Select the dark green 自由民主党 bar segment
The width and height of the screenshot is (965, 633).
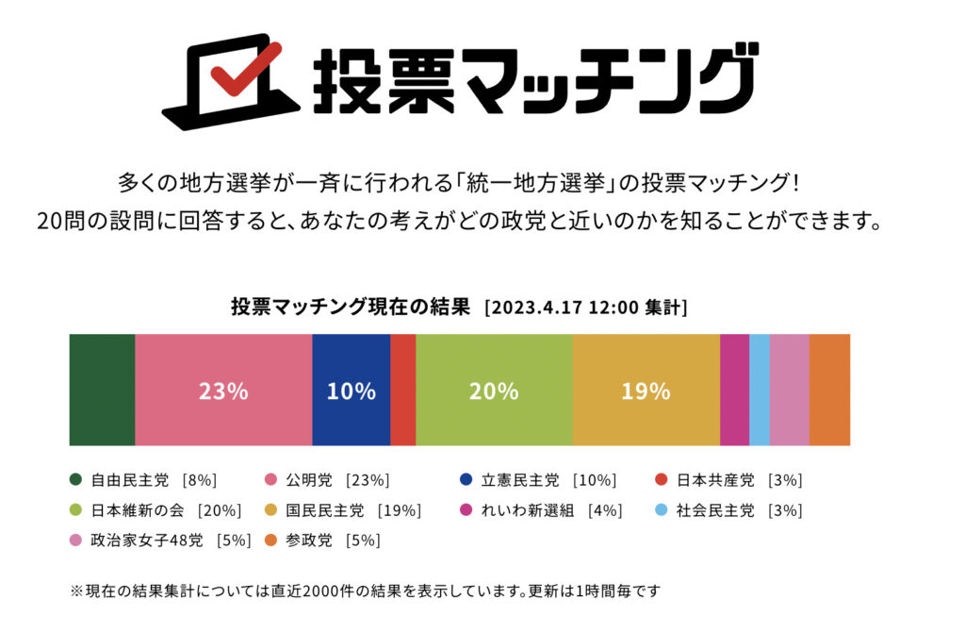click(102, 389)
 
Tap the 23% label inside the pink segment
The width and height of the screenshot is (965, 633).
click(223, 391)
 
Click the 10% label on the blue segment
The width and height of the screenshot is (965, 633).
click(351, 391)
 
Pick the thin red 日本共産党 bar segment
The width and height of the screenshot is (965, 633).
click(402, 389)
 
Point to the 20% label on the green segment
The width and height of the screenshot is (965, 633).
click(494, 391)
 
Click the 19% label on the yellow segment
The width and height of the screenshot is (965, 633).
click(646, 391)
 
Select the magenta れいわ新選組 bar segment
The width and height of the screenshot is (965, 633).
click(734, 389)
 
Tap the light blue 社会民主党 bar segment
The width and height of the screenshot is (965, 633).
click(759, 389)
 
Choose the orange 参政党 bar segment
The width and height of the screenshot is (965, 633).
click(829, 389)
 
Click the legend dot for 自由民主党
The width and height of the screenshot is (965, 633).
click(76, 480)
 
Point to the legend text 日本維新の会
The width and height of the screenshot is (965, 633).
click(139, 510)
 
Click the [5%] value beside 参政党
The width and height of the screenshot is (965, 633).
click(363, 541)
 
